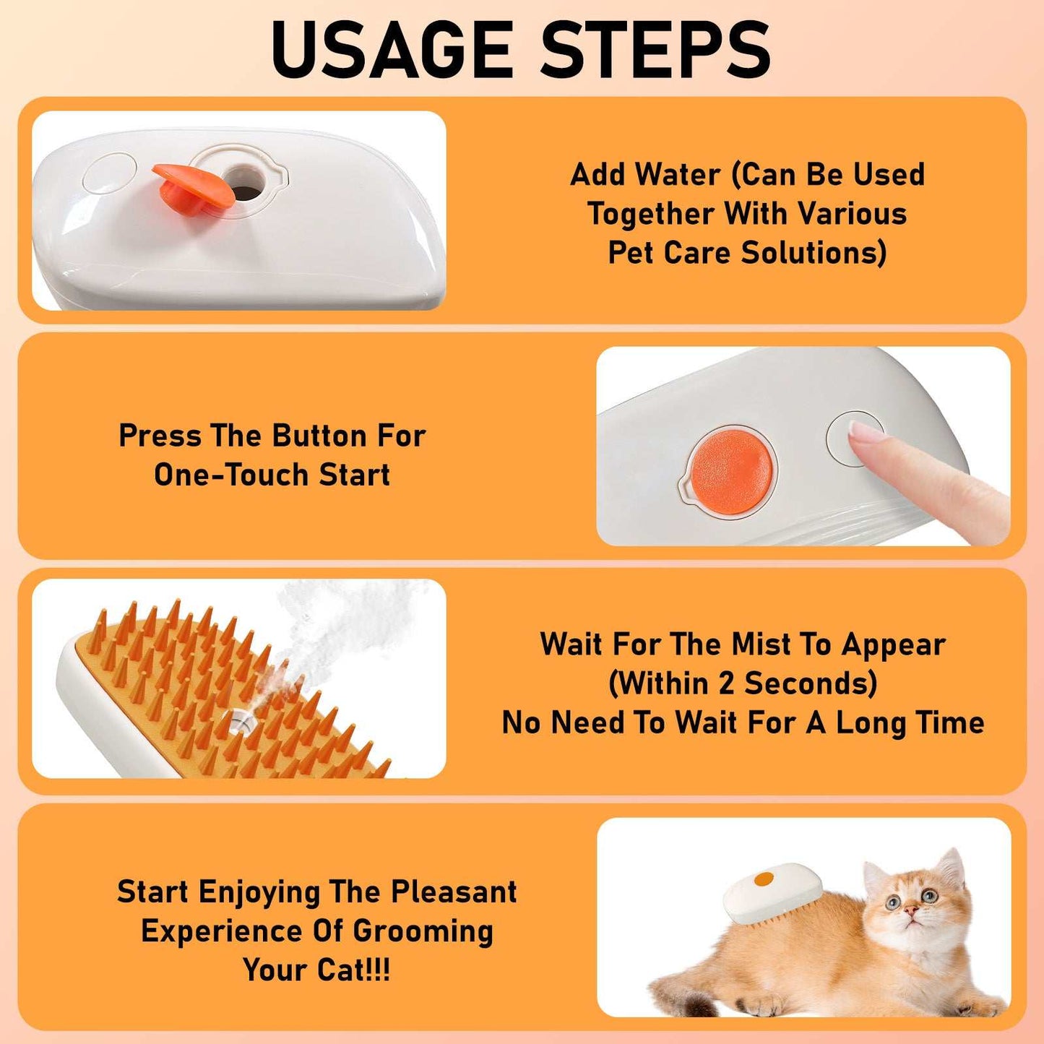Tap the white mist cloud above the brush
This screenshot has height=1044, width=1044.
point(340,621)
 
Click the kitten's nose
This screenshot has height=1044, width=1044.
point(913,913)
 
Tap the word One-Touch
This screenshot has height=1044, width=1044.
point(231,475)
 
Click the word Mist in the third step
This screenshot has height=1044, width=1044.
point(761,644)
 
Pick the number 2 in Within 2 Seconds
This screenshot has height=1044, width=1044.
point(727,683)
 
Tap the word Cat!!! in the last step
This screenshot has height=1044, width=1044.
point(353,970)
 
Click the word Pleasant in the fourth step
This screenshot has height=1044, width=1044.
point(454,892)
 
